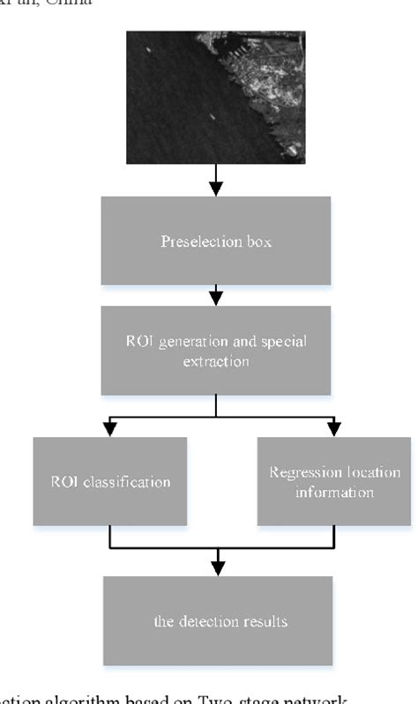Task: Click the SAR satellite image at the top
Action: coord(216,97)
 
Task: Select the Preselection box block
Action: coord(216,241)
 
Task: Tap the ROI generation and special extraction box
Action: coord(216,350)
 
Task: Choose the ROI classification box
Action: coord(110,481)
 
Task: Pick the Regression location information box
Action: coord(334,481)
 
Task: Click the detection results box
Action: coord(218,620)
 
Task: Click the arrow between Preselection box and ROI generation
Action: coord(216,295)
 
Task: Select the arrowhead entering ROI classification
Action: coord(110,428)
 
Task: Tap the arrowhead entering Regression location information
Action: coord(334,428)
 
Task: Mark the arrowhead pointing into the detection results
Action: coord(218,567)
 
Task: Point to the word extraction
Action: coord(216,361)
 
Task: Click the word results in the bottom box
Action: coord(267,621)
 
